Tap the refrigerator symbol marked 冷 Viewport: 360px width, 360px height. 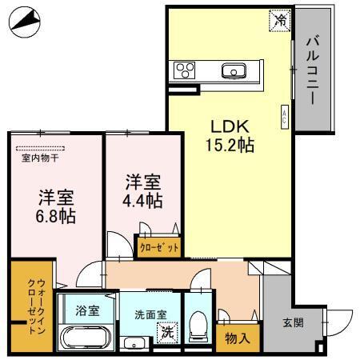(x=279, y=18)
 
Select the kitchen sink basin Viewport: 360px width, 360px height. (x=236, y=70)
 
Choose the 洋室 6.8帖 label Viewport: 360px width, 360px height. (x=55, y=206)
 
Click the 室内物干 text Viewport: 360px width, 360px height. (x=39, y=158)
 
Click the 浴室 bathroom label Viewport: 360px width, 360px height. (x=87, y=310)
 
